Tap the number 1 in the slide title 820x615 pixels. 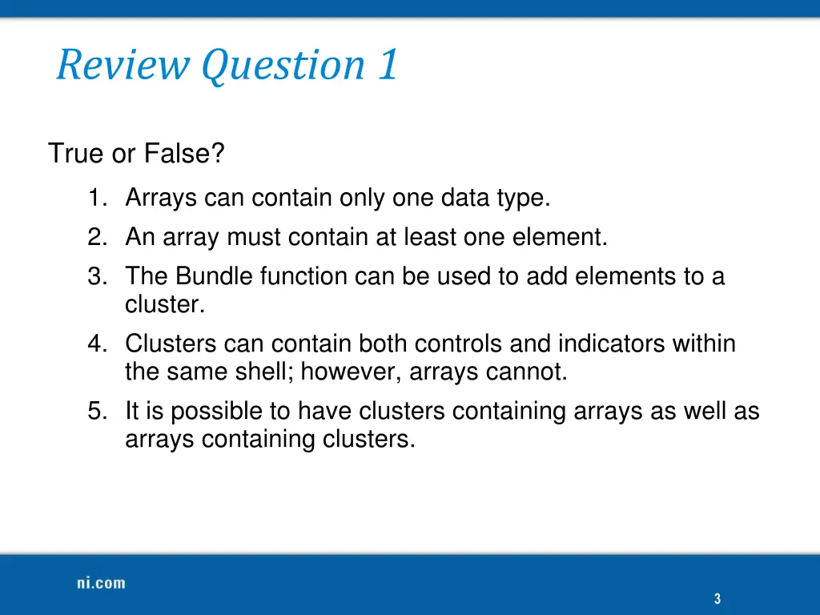[387, 65]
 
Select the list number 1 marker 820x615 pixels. [97, 198]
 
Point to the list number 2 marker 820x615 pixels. [97, 237]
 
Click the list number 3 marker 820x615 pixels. [97, 276]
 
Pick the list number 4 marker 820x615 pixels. [97, 344]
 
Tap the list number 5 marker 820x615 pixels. [97, 412]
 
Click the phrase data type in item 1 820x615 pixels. [495, 198]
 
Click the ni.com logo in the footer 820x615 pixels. [101, 583]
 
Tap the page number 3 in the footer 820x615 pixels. [717, 598]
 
